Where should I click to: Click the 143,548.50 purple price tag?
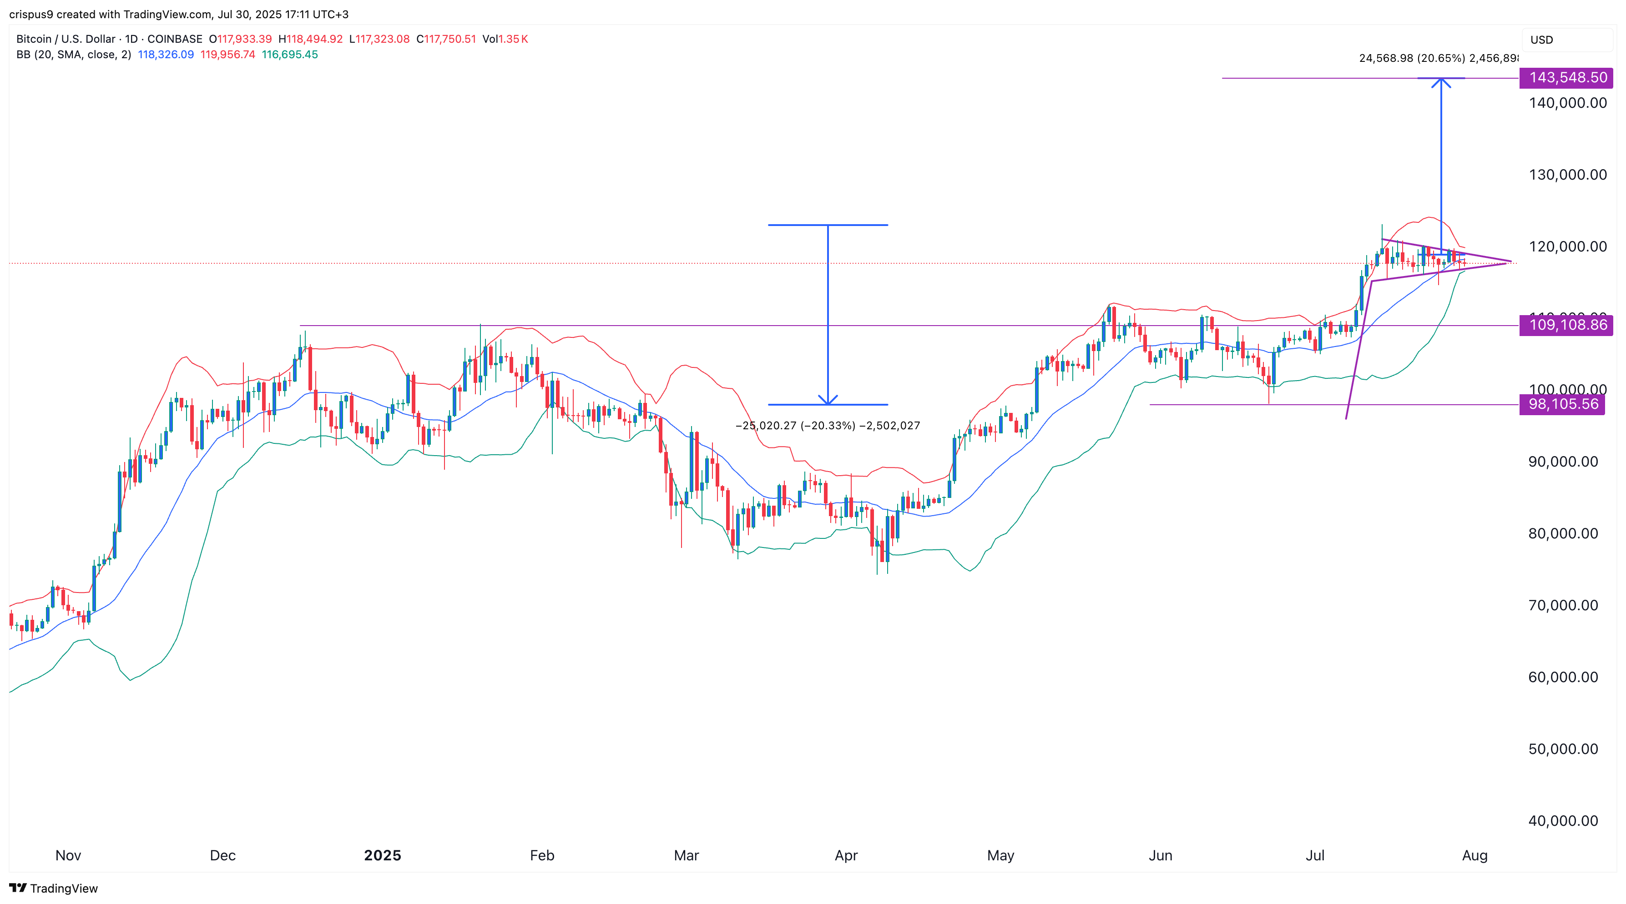tap(1567, 78)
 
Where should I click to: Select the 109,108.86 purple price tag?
tap(1567, 326)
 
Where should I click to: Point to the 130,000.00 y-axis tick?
tap(1567, 175)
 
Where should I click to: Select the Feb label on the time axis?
tap(541, 855)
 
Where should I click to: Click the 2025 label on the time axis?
tap(383, 855)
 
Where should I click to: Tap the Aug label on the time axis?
tap(1475, 855)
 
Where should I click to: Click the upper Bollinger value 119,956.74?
tap(228, 55)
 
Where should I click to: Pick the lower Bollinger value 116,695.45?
tap(290, 55)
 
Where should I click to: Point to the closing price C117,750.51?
tap(446, 39)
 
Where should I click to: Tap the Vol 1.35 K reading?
tap(505, 39)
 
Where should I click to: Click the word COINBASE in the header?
tap(175, 39)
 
